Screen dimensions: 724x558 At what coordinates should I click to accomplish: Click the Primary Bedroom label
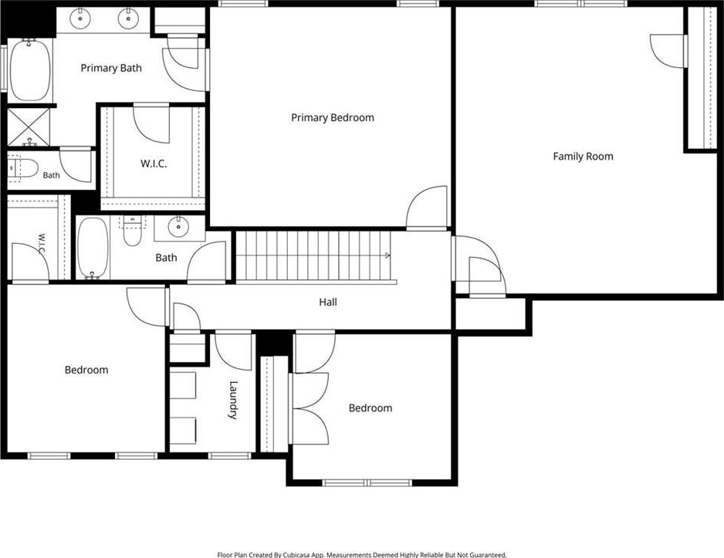(x=333, y=117)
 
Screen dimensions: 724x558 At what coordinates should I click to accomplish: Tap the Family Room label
(x=584, y=157)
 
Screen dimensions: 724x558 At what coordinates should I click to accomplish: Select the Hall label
(x=328, y=303)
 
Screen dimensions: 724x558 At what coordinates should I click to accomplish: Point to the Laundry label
(x=234, y=400)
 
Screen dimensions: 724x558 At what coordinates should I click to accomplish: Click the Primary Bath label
(x=111, y=69)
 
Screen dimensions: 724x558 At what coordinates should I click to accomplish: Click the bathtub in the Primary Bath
(x=30, y=69)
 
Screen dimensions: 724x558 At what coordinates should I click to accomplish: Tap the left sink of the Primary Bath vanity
(x=80, y=19)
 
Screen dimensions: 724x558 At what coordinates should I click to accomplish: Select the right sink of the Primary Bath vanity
(x=128, y=19)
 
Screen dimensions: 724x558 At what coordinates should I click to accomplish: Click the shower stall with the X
(x=29, y=127)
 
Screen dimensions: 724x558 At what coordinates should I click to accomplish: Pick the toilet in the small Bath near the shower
(x=23, y=168)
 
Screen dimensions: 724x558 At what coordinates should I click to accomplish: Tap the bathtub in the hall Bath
(x=93, y=248)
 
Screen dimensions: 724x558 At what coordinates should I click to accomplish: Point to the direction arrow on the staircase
(x=387, y=255)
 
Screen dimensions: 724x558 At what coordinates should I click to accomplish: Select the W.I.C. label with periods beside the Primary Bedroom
(x=154, y=164)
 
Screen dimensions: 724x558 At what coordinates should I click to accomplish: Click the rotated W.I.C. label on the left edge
(x=41, y=244)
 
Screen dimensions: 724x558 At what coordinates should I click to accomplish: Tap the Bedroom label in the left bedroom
(x=86, y=370)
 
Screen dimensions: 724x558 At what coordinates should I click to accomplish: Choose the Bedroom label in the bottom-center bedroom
(x=370, y=408)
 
